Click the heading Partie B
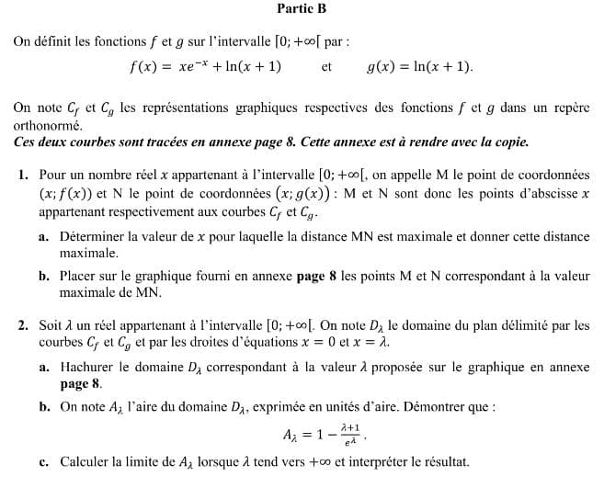(302, 9)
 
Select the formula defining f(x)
(205, 67)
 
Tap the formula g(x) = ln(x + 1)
(419, 67)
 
